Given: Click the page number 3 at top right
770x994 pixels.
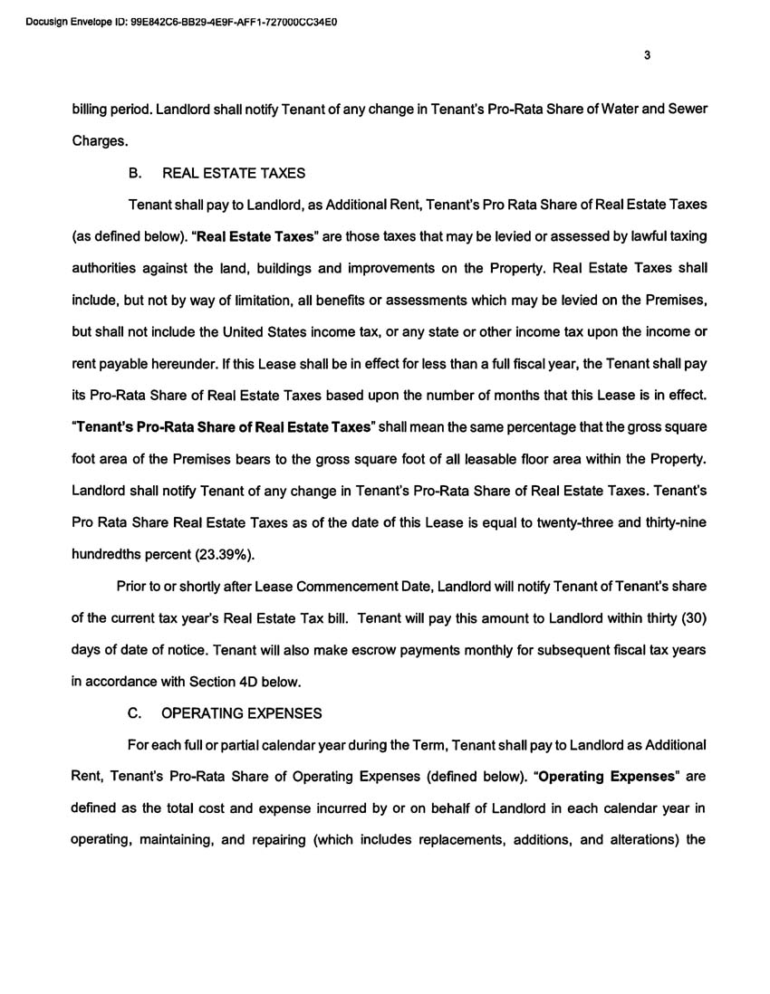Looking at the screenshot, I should coord(647,55).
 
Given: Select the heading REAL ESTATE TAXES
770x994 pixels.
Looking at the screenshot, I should coord(233,173).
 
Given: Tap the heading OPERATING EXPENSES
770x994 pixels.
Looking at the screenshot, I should coord(241,713).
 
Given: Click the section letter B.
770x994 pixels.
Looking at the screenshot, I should coord(134,173).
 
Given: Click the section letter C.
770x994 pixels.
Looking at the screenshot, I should coord(134,713).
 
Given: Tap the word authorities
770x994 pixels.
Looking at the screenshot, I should coord(106,268).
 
